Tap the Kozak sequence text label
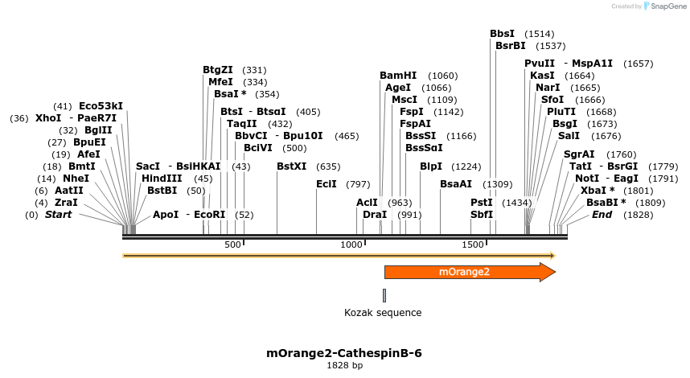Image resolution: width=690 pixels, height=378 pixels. (x=383, y=313)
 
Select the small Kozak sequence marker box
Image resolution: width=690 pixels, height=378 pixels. (x=384, y=295)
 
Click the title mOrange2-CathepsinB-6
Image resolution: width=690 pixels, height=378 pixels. (x=344, y=353)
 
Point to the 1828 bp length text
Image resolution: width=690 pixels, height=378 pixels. (x=344, y=366)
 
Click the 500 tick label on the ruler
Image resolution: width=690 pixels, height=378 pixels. (x=233, y=244)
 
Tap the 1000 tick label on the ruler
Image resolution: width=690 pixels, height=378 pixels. (x=351, y=244)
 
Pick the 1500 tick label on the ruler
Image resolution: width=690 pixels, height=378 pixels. (x=472, y=244)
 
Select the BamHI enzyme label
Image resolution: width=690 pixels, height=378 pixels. (x=398, y=76)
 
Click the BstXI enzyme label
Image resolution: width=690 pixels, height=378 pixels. (x=291, y=166)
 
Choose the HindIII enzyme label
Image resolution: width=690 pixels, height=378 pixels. (x=162, y=179)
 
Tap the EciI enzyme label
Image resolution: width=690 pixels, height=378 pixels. (x=326, y=184)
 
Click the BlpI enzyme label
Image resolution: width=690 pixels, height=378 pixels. (x=431, y=166)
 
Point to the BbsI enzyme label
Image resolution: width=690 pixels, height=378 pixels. (x=502, y=34)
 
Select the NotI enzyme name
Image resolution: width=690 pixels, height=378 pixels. (x=586, y=179)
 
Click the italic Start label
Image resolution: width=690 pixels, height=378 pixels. (x=58, y=215)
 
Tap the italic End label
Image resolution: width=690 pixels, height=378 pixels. (x=602, y=215)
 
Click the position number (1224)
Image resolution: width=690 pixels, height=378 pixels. (x=466, y=166)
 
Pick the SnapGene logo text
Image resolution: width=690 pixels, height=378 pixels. (x=664, y=6)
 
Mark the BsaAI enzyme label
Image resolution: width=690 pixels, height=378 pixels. (x=456, y=184)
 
